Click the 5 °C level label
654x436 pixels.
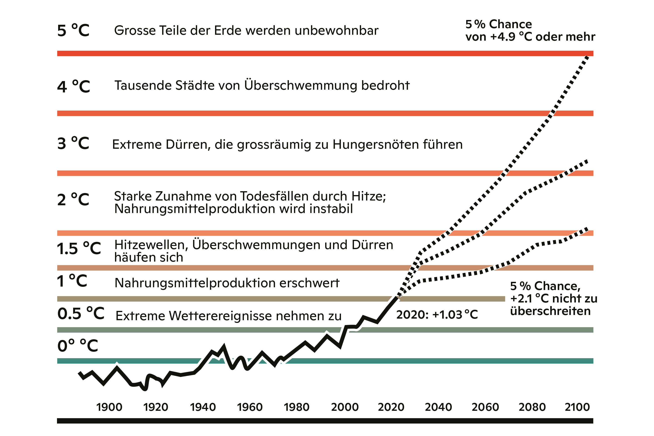pos(73,31)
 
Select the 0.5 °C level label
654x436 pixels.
pos(81,314)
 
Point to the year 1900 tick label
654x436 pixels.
pos(109,407)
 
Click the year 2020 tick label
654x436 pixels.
pos(391,407)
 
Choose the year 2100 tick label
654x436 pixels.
pos(577,407)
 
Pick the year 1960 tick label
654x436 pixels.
pos(250,407)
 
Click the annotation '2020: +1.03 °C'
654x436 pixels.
pos(437,315)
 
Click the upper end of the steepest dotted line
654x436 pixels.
pos(587,57)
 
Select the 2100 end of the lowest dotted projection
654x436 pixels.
pos(587,229)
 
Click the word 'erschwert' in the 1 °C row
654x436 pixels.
pos(309,283)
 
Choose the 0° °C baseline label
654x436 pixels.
pos(78,346)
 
